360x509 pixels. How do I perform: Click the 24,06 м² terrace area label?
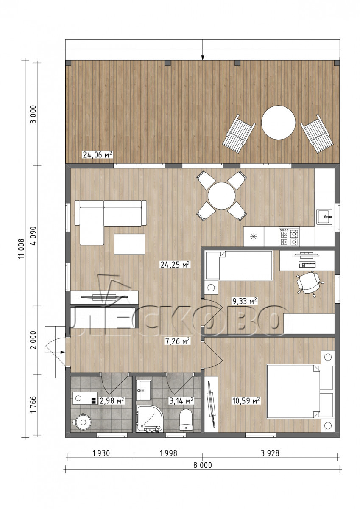98,155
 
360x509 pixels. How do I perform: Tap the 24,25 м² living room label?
175,265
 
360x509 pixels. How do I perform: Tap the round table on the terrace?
279,122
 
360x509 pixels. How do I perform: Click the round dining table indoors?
221,196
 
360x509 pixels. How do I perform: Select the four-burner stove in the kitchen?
289,237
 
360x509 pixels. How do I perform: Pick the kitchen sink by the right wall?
325,217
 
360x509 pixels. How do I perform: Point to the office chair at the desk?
308,283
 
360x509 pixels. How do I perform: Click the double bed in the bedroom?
301,391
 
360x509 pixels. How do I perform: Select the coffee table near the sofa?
129,244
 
